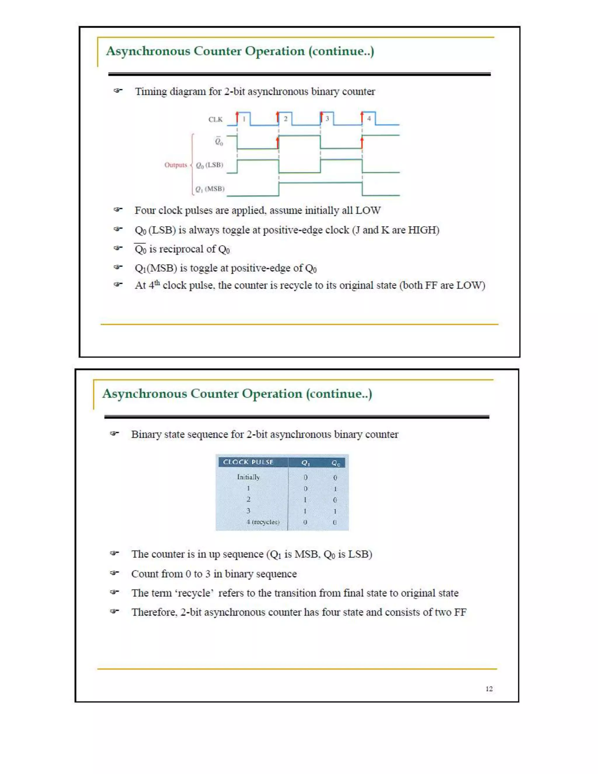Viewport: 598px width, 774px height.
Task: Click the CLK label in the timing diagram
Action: point(215,119)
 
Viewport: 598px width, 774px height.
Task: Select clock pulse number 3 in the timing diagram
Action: point(327,118)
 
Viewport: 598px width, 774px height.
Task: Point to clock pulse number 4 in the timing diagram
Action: point(369,118)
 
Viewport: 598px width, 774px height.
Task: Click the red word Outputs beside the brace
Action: point(175,165)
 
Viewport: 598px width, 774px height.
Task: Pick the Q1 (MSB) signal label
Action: point(210,189)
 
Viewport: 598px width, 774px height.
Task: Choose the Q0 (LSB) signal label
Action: point(209,165)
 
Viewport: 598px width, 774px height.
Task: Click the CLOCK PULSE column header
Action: point(248,462)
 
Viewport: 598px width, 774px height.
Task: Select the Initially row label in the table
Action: point(248,477)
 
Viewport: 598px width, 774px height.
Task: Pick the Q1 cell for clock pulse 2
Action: point(305,500)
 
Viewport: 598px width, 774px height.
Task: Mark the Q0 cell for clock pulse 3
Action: point(335,511)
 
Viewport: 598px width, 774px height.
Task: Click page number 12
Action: point(489,689)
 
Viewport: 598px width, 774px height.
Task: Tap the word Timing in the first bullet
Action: point(151,91)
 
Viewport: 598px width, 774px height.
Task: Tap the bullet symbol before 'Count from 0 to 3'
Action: point(114,573)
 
